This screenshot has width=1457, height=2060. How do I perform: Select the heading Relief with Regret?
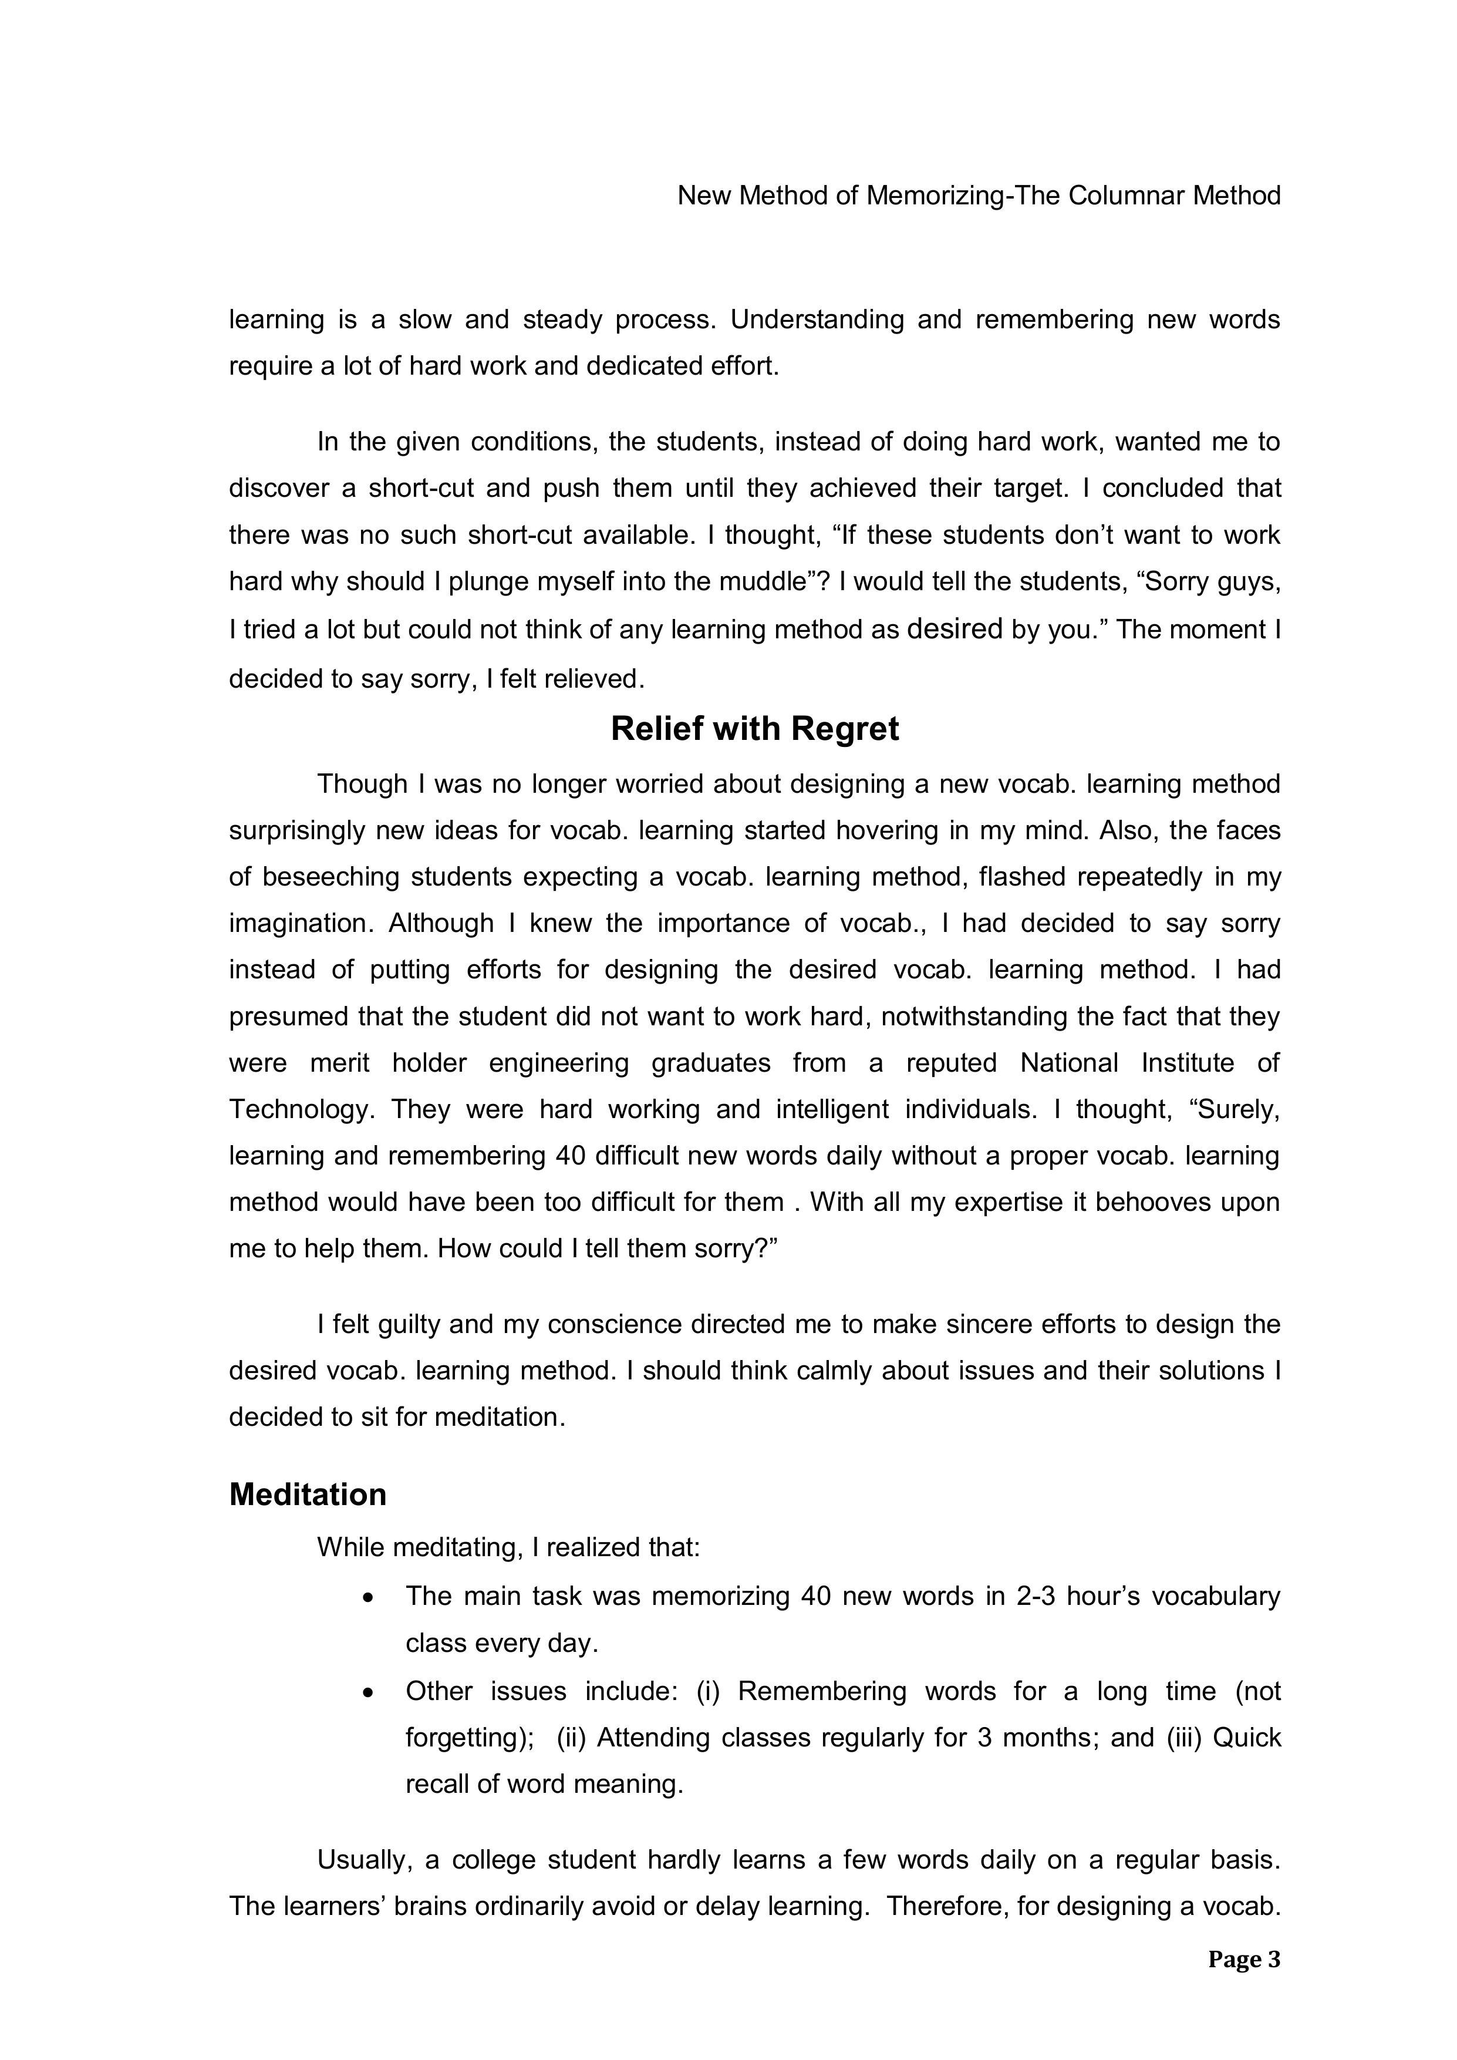754,729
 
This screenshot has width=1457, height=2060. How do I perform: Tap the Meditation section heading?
308,1494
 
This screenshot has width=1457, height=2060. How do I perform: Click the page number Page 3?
1243,1960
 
